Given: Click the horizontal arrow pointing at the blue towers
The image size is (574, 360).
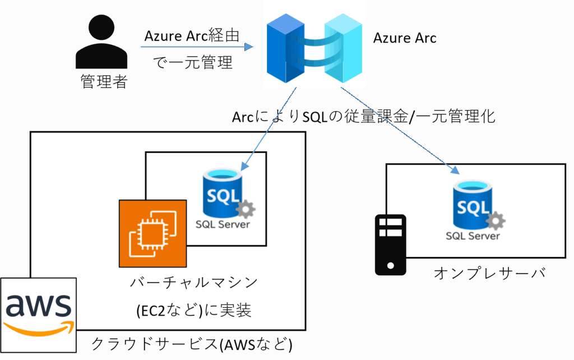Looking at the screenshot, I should (196, 47).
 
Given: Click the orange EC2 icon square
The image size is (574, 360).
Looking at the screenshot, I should (152, 233).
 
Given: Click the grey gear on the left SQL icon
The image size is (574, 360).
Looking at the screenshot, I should (246, 210).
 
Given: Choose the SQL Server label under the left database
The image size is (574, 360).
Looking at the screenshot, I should (223, 225).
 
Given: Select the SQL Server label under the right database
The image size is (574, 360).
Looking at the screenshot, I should (473, 236).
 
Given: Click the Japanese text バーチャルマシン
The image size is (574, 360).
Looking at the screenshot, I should (194, 283).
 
